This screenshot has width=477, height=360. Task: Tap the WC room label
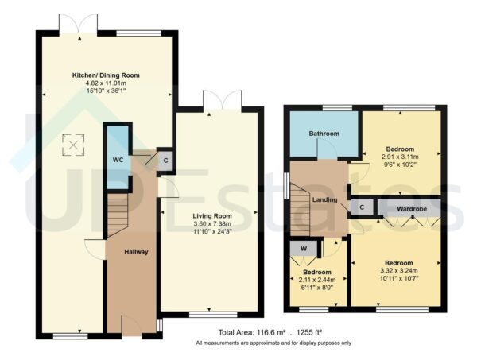coord(118,160)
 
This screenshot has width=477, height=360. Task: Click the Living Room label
coord(211,215)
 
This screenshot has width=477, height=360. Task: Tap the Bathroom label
coord(324,134)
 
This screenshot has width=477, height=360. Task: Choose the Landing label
coord(325,199)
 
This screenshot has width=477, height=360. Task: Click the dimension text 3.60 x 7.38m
coord(211,224)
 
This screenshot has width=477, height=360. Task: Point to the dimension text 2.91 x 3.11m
coord(400,157)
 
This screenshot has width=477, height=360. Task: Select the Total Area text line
coord(270,331)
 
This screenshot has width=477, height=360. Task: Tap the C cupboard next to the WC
coord(165,158)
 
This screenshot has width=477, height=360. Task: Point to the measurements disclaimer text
coord(269,343)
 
